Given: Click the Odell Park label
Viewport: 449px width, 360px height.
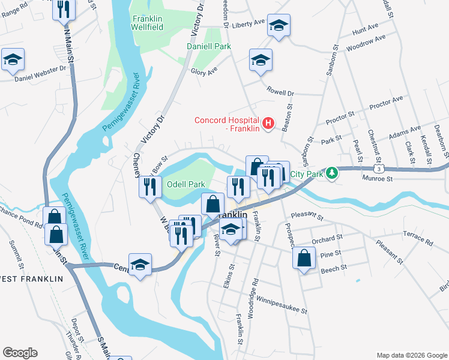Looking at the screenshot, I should [x=186, y=184].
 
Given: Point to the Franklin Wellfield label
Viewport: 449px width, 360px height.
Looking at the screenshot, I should [x=148, y=23].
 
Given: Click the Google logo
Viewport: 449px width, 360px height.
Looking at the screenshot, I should [x=20, y=353].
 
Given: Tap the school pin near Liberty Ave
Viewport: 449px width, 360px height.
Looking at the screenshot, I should [x=279, y=25].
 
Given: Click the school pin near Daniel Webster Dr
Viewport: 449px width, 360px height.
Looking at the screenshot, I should [x=13, y=60].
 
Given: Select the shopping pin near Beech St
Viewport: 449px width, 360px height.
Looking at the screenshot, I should [x=305, y=258].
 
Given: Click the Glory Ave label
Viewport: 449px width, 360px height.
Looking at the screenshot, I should [x=204, y=71].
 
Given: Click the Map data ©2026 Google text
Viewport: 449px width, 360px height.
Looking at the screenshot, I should [x=411, y=355].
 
